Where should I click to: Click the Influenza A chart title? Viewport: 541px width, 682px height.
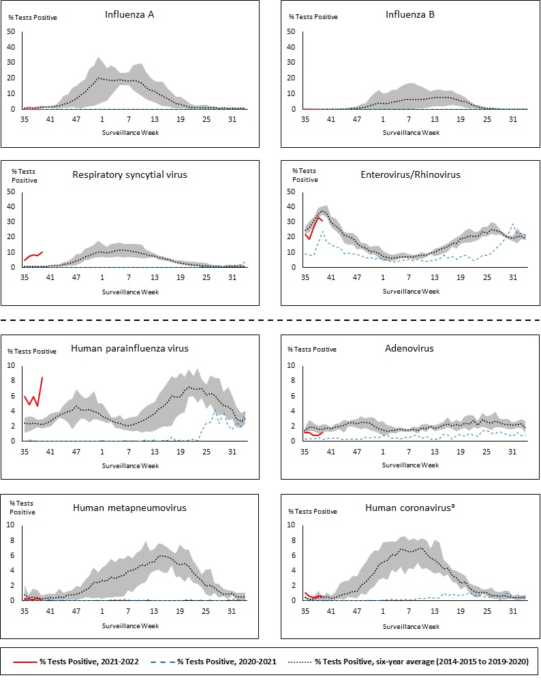pos(129,14)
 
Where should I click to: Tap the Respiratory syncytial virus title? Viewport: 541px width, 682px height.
pos(129,174)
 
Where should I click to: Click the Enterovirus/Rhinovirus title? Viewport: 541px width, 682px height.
pos(410,174)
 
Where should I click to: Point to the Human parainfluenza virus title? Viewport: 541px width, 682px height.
pos(129,348)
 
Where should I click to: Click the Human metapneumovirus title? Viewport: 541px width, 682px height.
pos(129,507)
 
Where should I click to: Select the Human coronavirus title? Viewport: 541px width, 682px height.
pos(409,508)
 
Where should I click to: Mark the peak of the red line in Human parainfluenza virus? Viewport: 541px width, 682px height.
pos(42,377)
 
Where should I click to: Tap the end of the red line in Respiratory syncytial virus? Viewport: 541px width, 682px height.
pos(42,251)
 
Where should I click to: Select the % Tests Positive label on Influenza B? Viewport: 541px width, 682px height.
pos(313,17)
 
